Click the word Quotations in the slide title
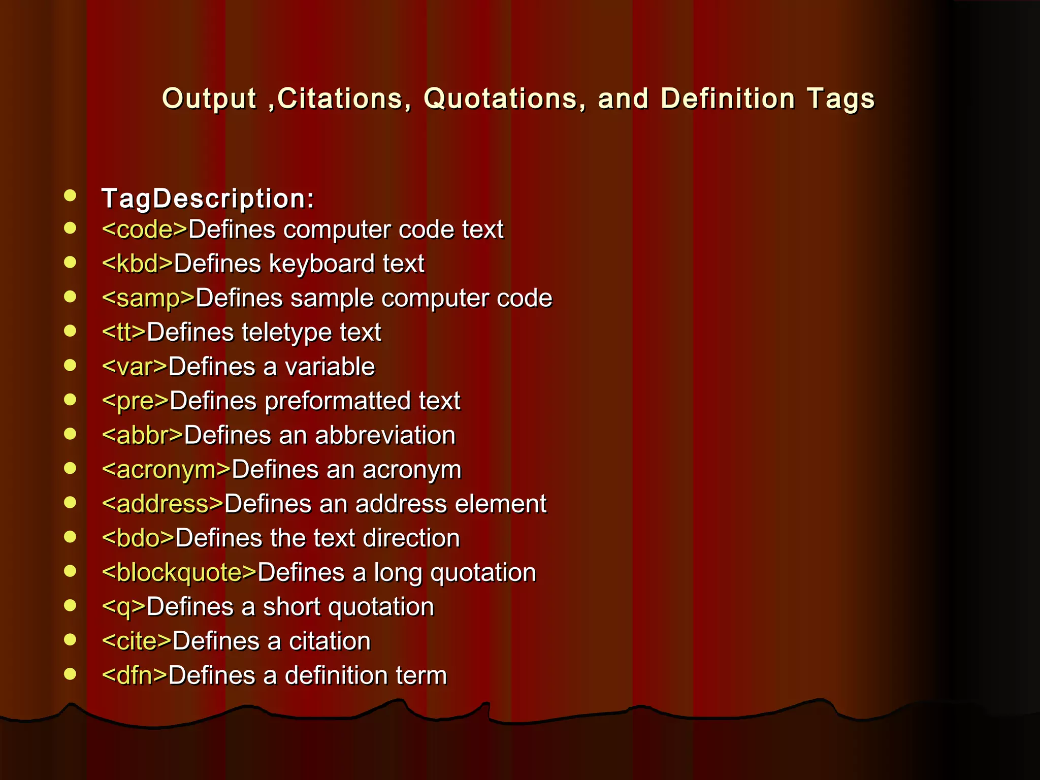500,99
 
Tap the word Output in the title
209,99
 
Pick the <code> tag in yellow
145,230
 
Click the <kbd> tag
138,264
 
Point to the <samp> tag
148,298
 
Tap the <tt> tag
124,333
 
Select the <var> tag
135,367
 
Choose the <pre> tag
135,401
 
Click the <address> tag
162,504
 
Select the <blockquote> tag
179,572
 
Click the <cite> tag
137,641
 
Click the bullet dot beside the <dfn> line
70,674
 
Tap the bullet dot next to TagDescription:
70,196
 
